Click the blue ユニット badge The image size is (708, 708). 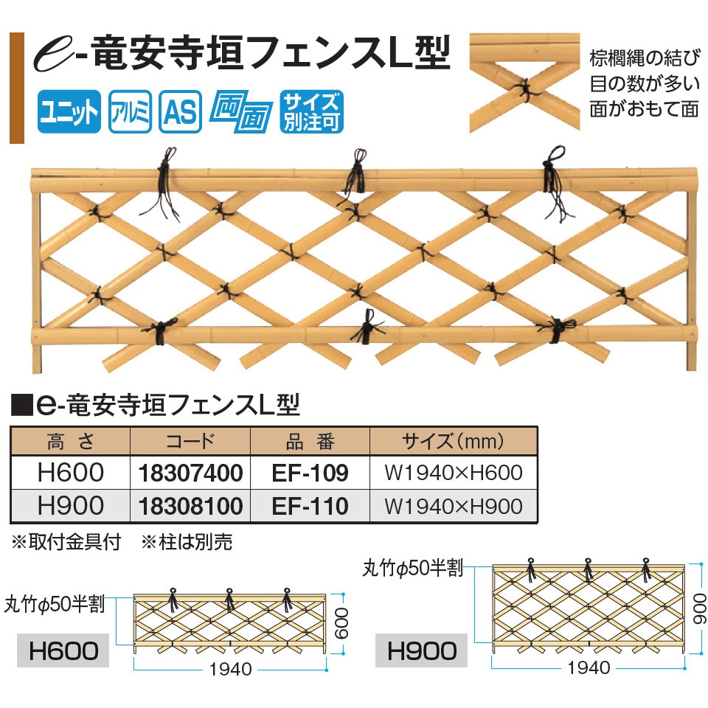click(x=69, y=111)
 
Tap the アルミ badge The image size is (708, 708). click(x=130, y=111)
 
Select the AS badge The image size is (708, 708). click(x=180, y=111)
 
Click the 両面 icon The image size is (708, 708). click(x=241, y=111)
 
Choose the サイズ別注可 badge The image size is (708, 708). click(x=311, y=111)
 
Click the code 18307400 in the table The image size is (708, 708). click(x=190, y=473)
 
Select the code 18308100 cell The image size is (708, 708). click(x=190, y=506)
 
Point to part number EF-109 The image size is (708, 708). click(x=310, y=473)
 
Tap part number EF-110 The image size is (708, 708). click(x=310, y=506)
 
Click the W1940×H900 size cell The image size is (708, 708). click(x=454, y=506)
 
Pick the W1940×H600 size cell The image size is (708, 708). click(x=454, y=473)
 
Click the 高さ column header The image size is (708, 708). click(x=71, y=442)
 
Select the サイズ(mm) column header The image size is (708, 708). click(x=453, y=442)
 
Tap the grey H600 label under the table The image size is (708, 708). click(x=63, y=650)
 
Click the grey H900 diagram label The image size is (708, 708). click(x=422, y=650)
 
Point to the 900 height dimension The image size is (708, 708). click(x=699, y=608)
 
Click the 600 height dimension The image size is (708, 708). click(x=341, y=623)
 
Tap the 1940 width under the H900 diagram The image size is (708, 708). click(x=589, y=667)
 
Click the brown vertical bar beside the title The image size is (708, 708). click(x=17, y=88)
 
